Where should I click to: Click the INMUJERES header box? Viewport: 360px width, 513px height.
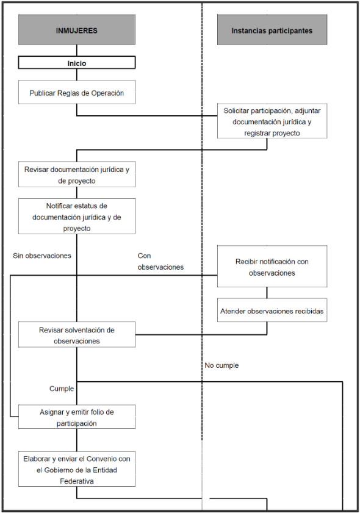[x=77, y=30]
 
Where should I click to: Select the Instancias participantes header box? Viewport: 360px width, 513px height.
[x=272, y=30]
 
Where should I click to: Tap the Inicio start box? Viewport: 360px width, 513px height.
[x=77, y=62]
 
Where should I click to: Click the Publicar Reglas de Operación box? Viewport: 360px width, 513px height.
[x=77, y=92]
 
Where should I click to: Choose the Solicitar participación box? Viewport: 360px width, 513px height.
[x=272, y=121]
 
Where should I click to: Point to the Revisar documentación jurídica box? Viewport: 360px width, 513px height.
[x=77, y=174]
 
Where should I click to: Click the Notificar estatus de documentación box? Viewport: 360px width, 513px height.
[x=77, y=217]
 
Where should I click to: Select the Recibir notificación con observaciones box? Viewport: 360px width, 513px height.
[x=272, y=267]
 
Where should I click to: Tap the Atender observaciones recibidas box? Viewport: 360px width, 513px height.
[x=272, y=310]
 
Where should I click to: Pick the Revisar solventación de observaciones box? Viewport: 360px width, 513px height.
[x=77, y=334]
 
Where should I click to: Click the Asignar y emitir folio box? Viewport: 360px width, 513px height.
[x=77, y=417]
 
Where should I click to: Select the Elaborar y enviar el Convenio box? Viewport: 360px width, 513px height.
[x=77, y=469]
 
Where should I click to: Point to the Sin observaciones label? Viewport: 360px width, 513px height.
[x=42, y=256]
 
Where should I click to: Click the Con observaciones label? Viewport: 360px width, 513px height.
[x=160, y=262]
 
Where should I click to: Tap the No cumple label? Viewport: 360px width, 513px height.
[x=221, y=365]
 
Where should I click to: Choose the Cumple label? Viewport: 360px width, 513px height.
[x=62, y=389]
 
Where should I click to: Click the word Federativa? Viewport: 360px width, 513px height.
[x=77, y=481]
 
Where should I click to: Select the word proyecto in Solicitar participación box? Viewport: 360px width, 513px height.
[x=286, y=133]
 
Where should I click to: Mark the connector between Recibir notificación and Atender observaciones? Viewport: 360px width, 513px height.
[x=267, y=293]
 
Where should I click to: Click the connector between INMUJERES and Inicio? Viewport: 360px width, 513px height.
[x=77, y=51]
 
